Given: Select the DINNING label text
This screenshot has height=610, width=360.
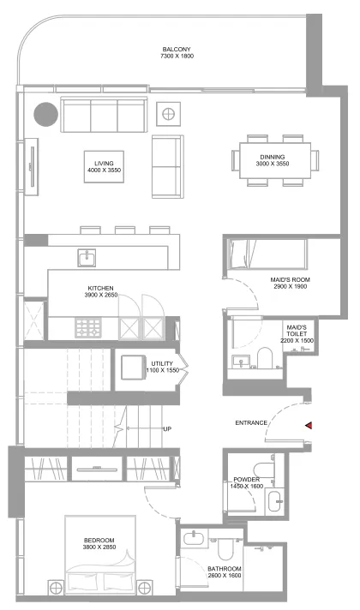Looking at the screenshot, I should (x=273, y=157).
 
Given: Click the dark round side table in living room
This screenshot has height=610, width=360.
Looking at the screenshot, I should (x=45, y=113).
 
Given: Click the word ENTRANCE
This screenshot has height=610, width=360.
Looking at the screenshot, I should (x=251, y=423).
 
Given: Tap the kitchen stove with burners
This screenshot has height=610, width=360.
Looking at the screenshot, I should (x=89, y=327).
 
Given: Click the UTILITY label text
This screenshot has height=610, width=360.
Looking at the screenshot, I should (x=162, y=364).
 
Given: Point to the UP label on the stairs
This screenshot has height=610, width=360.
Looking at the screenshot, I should (x=169, y=428).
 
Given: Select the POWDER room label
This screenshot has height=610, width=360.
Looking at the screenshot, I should (x=246, y=481).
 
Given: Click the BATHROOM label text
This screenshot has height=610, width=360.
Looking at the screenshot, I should (x=225, y=569).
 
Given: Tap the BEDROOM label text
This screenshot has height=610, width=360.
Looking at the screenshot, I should (x=99, y=541).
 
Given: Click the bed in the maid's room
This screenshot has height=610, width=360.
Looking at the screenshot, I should (x=267, y=255).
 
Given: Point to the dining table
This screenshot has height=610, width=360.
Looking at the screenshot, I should (x=273, y=160).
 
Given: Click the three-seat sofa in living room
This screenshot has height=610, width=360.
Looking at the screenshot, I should (x=102, y=114).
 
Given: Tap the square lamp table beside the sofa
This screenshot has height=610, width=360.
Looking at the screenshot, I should (x=169, y=112).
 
